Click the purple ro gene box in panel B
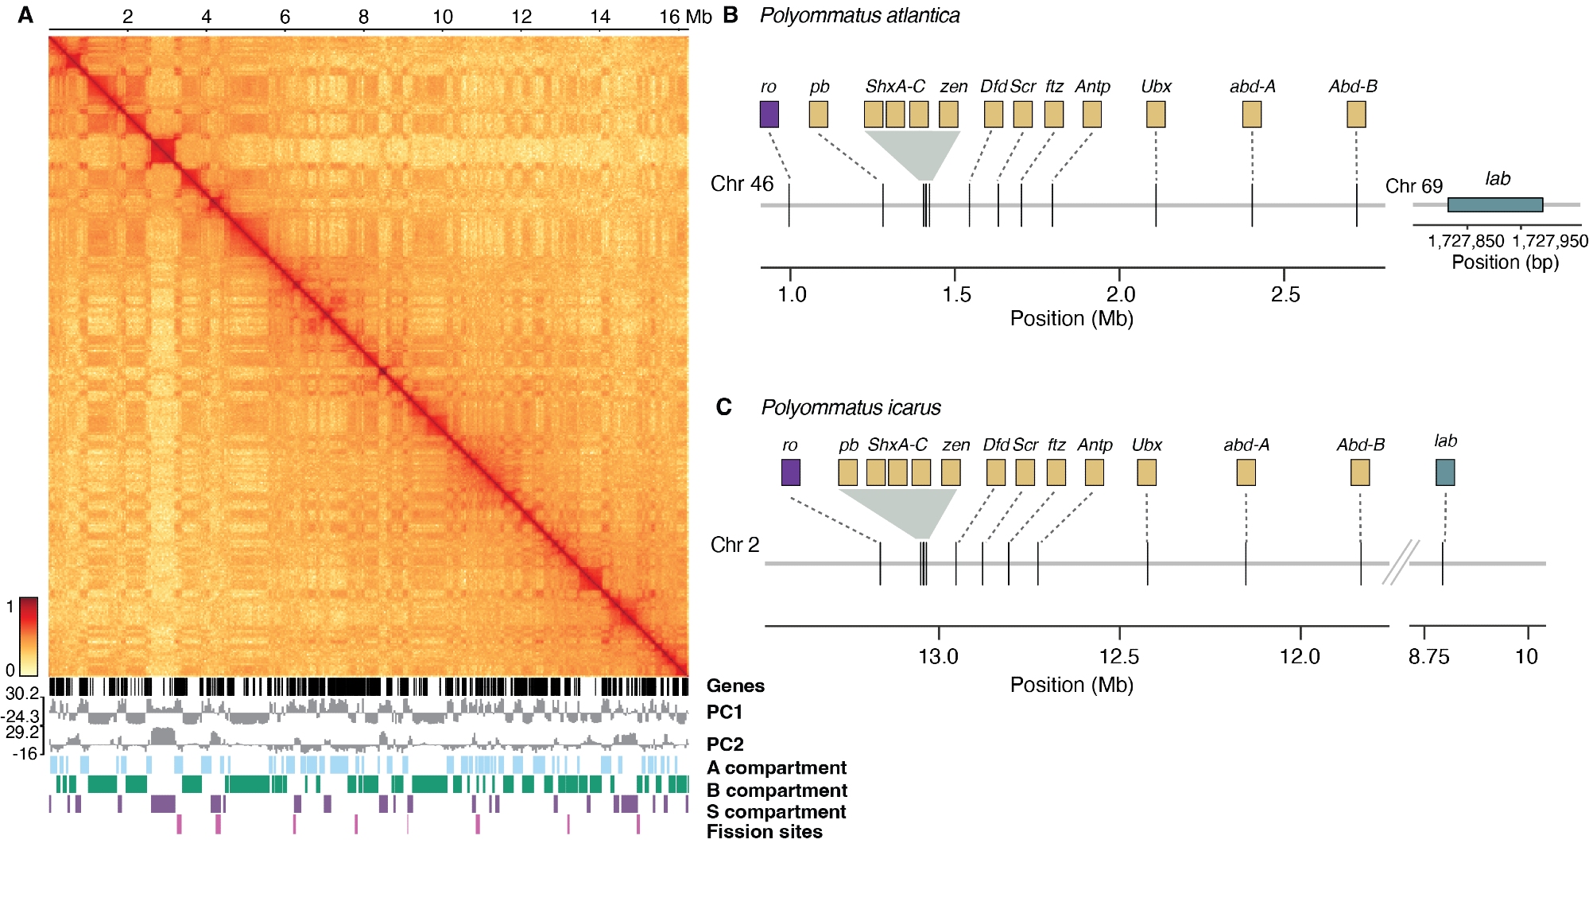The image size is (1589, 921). pyautogui.click(x=769, y=114)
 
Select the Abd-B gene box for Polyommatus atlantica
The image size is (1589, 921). pyautogui.click(x=1356, y=115)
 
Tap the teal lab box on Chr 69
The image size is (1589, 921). pyautogui.click(x=1494, y=204)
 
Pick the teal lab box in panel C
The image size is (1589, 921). pyautogui.click(x=1445, y=472)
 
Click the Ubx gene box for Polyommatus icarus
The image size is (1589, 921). pyautogui.click(x=1146, y=472)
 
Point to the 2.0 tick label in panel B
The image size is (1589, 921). pyautogui.click(x=1120, y=294)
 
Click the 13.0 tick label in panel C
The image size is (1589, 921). pyautogui.click(x=938, y=656)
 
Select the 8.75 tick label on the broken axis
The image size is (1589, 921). pyautogui.click(x=1428, y=656)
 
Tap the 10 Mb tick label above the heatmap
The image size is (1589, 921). pyautogui.click(x=442, y=17)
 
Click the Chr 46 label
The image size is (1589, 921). pyautogui.click(x=741, y=184)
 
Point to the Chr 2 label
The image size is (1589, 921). pyautogui.click(x=734, y=545)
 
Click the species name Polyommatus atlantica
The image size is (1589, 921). pyautogui.click(x=859, y=15)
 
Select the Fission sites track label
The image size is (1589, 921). pyautogui.click(x=764, y=832)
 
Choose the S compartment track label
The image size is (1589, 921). pyautogui.click(x=776, y=811)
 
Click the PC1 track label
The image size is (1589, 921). pyautogui.click(x=724, y=712)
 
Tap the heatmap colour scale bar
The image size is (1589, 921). pyautogui.click(x=28, y=635)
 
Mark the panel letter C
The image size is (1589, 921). pyautogui.click(x=723, y=407)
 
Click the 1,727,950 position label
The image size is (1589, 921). pyautogui.click(x=1549, y=241)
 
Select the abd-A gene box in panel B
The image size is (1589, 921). pyautogui.click(x=1251, y=115)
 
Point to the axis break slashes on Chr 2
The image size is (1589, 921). pyautogui.click(x=1400, y=562)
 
